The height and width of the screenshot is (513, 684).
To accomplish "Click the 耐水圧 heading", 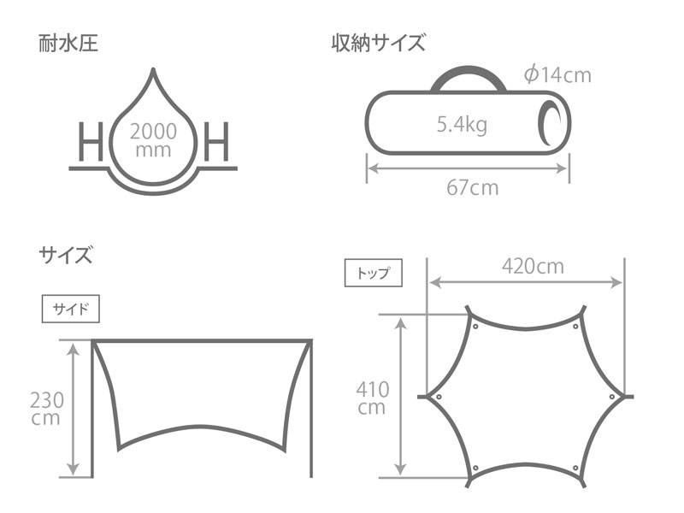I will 68,43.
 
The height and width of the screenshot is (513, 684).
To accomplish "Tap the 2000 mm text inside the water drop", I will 154,140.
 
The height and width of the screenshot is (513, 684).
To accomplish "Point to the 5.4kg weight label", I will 462,126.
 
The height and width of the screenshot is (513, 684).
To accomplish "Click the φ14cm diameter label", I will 557,75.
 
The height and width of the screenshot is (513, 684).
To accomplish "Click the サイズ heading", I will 65,254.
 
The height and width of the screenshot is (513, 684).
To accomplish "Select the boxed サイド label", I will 70,309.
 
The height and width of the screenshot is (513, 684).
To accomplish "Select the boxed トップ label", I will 373,274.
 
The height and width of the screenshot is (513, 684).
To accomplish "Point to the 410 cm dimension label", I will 372,398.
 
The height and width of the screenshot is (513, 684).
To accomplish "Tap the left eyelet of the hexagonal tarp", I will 439,397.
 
